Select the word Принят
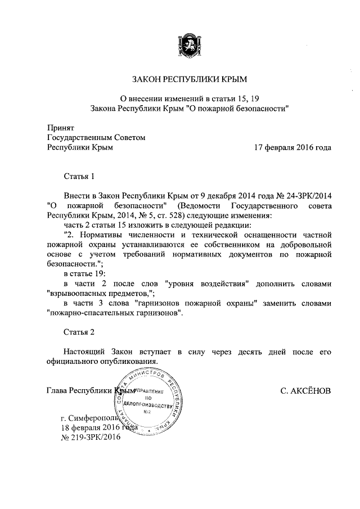(58, 128)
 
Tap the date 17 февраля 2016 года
(293, 147)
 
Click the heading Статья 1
(79, 177)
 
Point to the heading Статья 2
(79, 331)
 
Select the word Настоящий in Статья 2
(88, 351)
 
